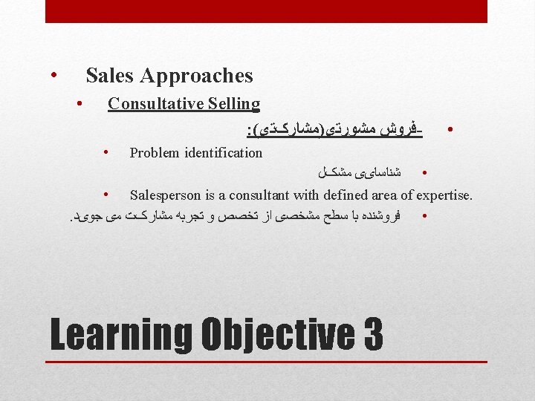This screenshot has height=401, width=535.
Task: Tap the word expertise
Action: (x=444, y=195)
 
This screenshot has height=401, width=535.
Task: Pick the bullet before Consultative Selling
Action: (x=80, y=103)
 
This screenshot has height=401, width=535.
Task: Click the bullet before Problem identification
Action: (x=107, y=152)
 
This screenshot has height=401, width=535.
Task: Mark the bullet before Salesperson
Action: (x=107, y=195)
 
